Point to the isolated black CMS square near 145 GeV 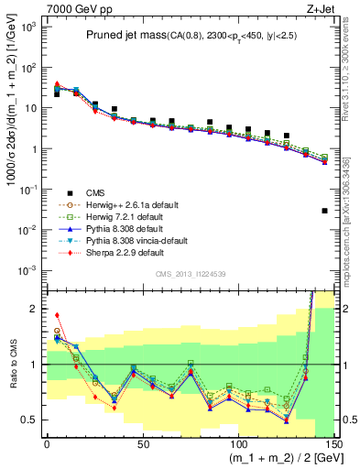pos(325,211)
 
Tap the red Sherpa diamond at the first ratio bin pos(56,315)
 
